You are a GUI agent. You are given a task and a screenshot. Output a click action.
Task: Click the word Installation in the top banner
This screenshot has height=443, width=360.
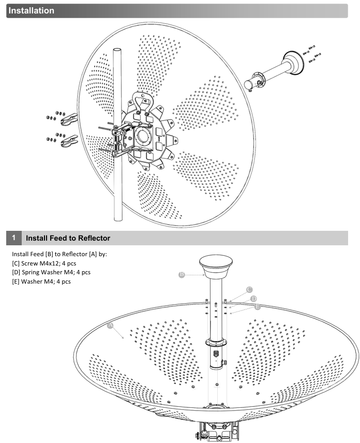32,10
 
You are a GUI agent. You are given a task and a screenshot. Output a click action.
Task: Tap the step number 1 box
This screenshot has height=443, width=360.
14,238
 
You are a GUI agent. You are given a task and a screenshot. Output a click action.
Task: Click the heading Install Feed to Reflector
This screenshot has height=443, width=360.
68,238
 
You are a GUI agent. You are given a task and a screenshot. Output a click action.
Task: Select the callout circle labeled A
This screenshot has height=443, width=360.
110,326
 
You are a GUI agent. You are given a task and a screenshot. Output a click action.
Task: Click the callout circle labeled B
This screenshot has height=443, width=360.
182,274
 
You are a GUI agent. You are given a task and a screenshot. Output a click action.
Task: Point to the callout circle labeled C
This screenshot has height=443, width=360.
249,290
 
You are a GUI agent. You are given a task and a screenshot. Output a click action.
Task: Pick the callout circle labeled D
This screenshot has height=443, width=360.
253,299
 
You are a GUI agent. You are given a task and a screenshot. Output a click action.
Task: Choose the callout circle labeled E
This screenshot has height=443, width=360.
257,306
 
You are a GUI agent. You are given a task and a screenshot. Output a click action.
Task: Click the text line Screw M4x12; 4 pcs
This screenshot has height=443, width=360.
44,263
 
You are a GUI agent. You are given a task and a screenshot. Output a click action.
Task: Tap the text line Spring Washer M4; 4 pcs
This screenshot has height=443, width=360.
51,272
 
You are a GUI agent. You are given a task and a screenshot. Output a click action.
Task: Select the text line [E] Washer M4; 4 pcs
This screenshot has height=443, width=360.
41,282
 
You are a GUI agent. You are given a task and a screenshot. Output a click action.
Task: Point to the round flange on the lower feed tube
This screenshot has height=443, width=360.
216,342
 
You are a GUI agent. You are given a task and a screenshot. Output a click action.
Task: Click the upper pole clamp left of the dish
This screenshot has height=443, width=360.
69,120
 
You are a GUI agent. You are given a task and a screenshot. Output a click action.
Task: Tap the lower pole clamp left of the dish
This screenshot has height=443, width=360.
69,141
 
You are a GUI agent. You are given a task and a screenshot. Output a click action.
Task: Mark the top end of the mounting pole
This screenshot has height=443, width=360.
117,50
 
